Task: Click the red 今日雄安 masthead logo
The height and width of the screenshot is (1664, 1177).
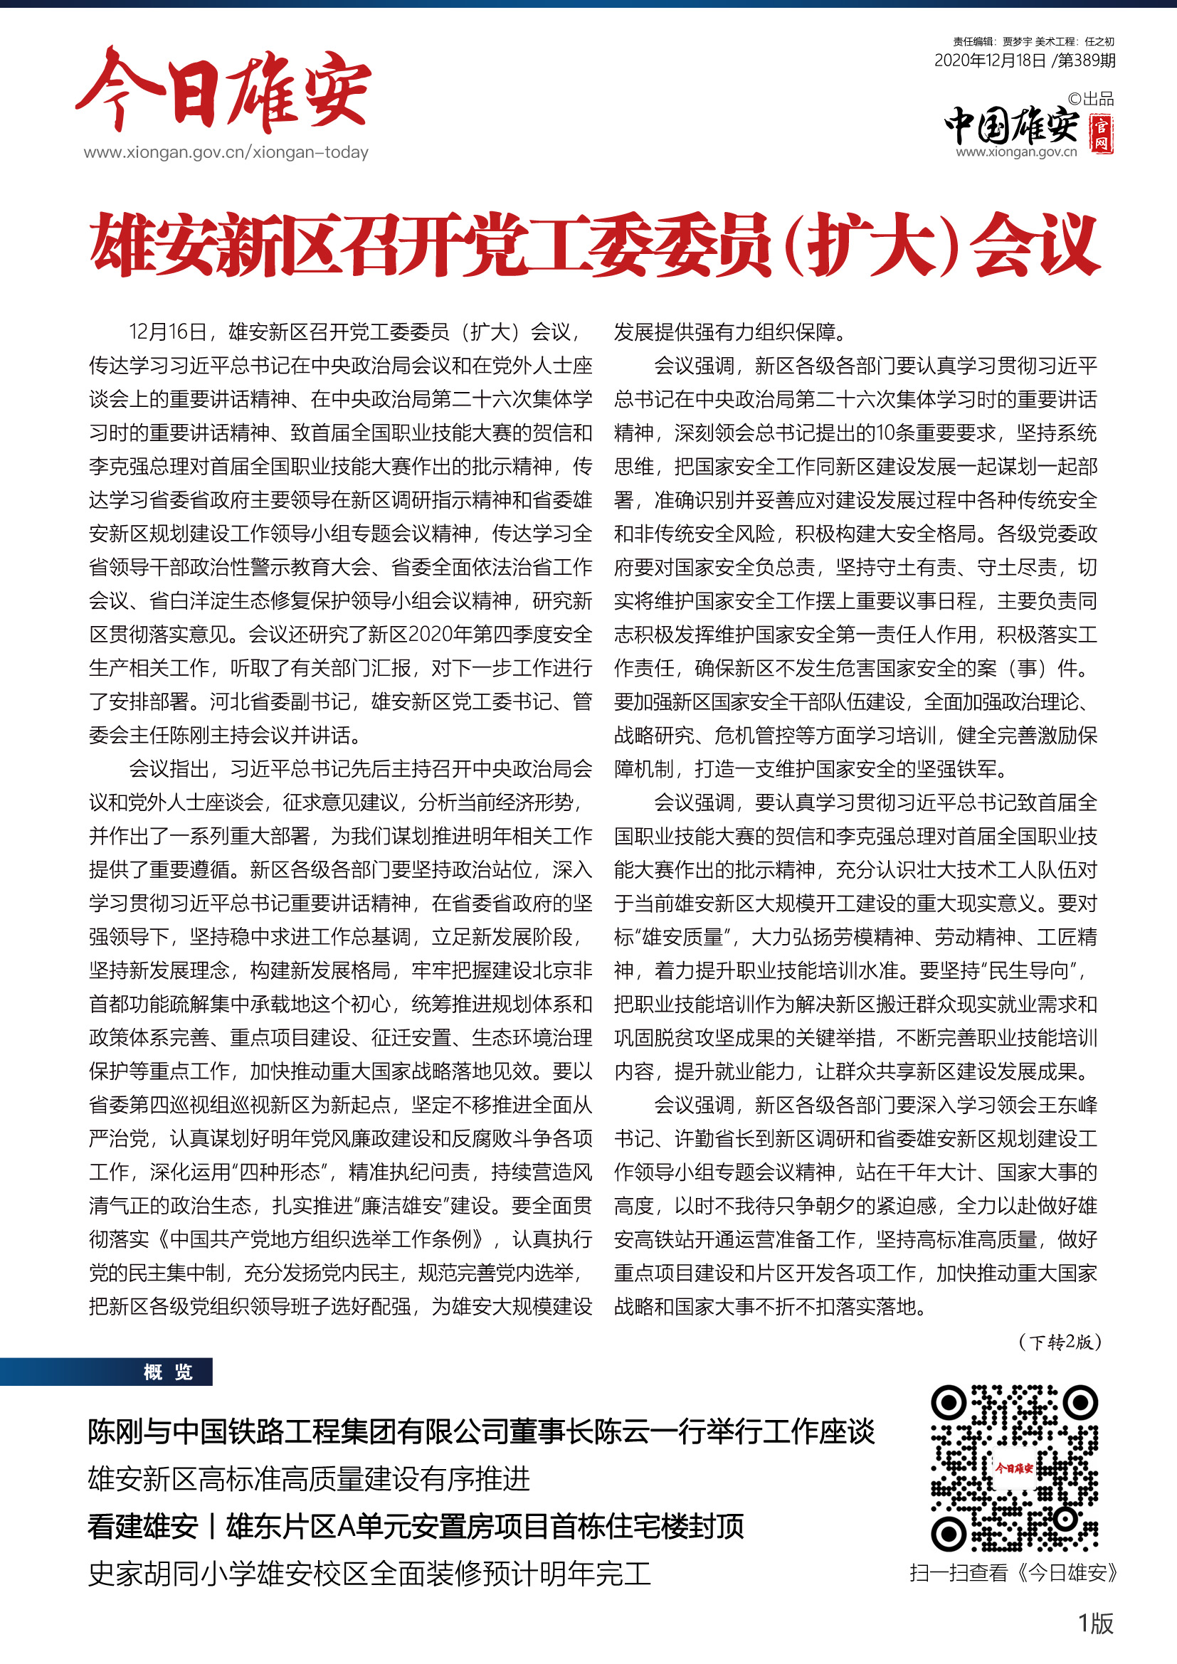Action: coord(223,90)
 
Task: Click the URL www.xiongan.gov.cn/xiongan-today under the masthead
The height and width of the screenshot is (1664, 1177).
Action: coord(226,152)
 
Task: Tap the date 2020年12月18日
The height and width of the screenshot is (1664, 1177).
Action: coord(990,61)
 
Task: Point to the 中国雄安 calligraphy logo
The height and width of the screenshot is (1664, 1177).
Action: coord(1012,126)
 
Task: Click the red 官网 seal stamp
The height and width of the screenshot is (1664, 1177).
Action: coord(1101,133)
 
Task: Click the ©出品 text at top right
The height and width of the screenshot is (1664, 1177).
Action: coord(1090,100)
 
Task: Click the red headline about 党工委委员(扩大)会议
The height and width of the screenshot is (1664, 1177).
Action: coord(594,245)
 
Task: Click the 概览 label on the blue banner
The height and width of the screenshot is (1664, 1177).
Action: coord(167,1372)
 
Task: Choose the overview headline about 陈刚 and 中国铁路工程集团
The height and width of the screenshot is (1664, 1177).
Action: coord(481,1431)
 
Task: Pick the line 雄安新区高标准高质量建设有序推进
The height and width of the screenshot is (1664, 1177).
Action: coord(309,1479)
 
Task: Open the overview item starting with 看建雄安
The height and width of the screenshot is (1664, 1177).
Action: coord(416,1526)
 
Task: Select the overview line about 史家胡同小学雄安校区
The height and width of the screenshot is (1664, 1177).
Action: coord(369,1574)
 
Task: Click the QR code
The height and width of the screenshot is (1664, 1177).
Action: coord(1014,1468)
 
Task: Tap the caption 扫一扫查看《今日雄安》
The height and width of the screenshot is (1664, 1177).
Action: coord(1014,1574)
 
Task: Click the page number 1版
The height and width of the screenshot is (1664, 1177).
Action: coord(1095,1623)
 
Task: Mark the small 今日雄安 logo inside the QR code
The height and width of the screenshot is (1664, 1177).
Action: coord(1014,1468)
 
